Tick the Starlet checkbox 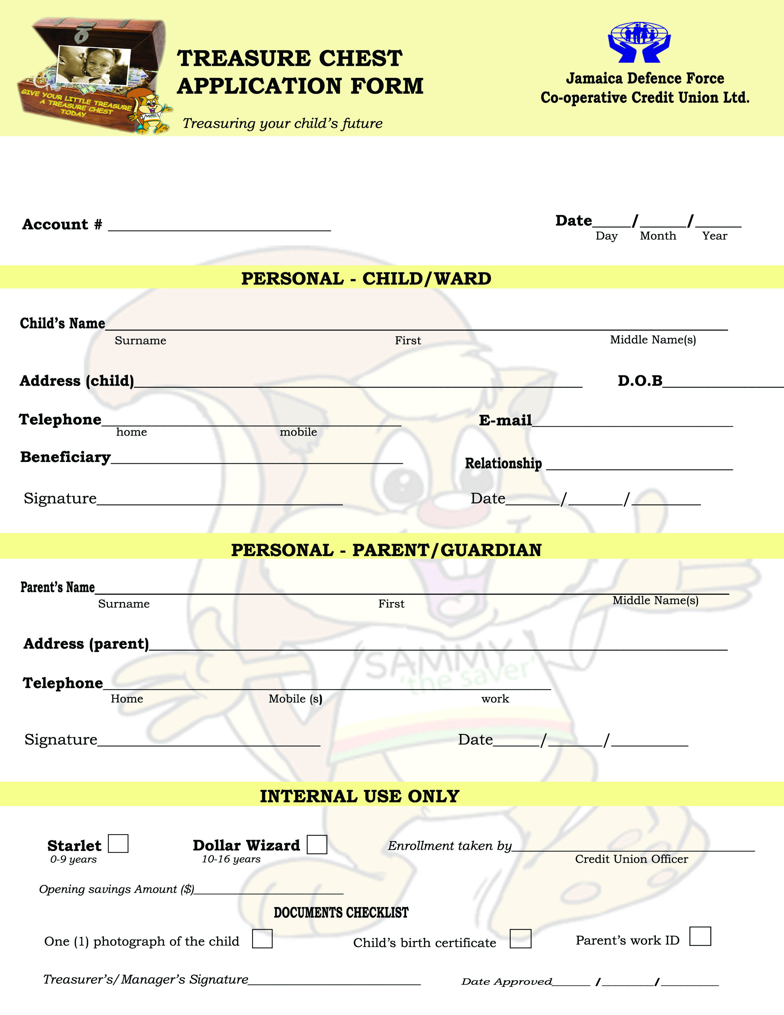click(118, 843)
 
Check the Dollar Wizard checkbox click(317, 844)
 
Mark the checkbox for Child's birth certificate click(520, 938)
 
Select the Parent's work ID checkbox click(700, 936)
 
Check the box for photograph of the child click(262, 938)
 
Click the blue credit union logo click(639, 42)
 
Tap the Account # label click(62, 225)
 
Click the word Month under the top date click(658, 236)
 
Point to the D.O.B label click(639, 381)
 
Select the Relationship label click(503, 463)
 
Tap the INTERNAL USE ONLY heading click(359, 796)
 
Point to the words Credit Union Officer click(631, 859)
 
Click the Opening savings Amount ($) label click(117, 889)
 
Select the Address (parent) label click(86, 644)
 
